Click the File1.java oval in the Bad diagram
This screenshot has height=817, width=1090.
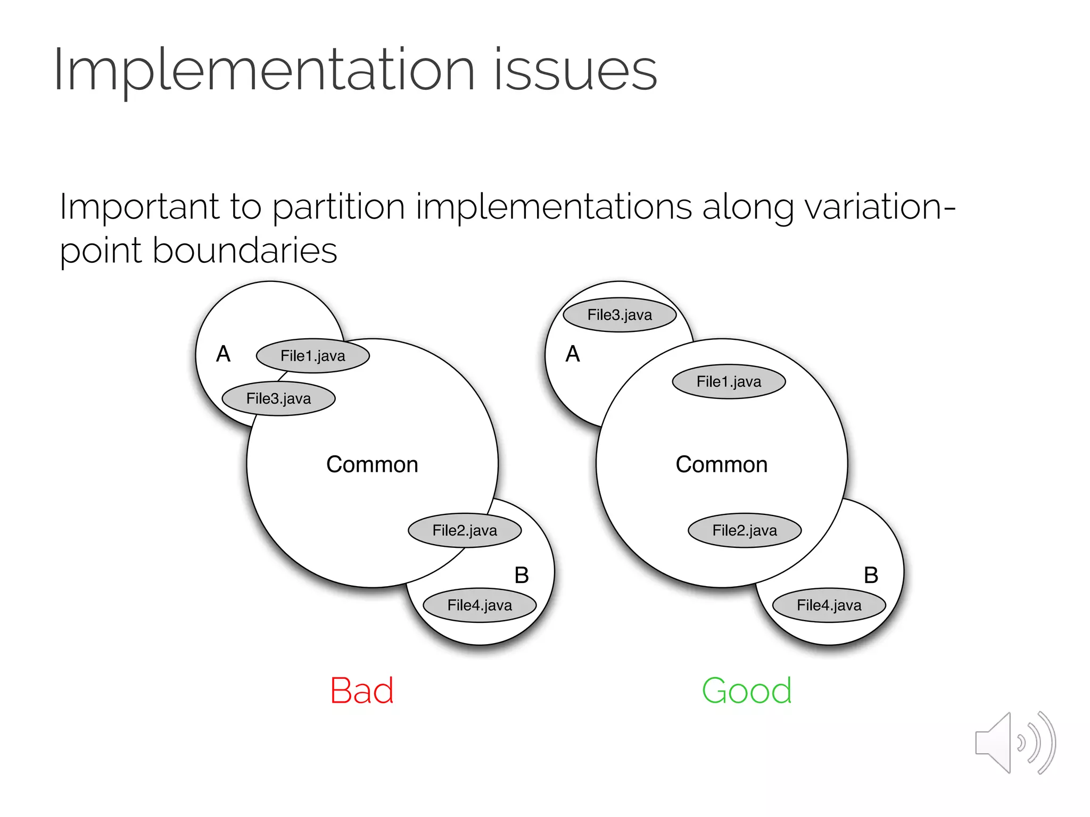point(313,356)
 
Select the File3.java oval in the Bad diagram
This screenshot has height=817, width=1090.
point(278,398)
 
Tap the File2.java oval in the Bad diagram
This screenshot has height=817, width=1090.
point(465,530)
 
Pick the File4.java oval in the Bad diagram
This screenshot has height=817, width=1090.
point(480,605)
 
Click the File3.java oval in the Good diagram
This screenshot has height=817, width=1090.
point(620,315)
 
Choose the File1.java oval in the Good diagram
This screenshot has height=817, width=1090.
point(729,381)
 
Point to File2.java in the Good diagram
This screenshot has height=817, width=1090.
point(745,530)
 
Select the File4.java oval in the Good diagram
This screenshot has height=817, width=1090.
point(829,605)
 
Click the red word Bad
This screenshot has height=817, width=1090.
point(362,691)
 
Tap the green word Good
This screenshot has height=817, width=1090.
point(747,691)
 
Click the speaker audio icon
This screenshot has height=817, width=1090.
point(1015,743)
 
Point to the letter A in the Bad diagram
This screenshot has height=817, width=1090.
point(224,354)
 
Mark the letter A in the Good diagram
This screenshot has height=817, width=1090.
point(573,354)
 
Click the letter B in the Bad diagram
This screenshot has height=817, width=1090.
point(522,576)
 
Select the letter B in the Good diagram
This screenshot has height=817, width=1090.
point(871,576)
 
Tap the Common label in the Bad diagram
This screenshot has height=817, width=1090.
point(372,464)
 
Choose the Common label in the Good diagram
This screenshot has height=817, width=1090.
point(722,464)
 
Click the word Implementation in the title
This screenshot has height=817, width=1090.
point(263,71)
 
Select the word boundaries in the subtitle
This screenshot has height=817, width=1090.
point(245,251)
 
